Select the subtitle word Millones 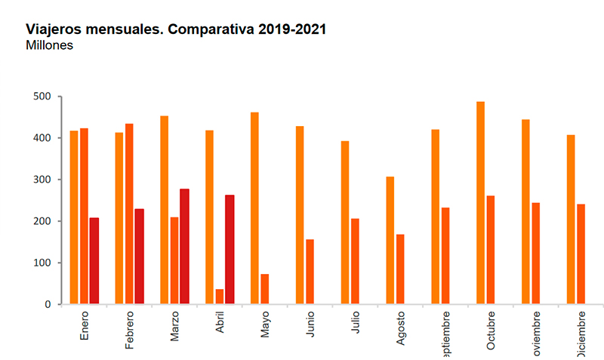(51, 45)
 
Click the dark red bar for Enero (94, 260)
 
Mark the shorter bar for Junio (310, 272)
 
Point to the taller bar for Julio (345, 223)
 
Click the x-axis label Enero (84, 324)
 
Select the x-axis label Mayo (265, 324)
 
